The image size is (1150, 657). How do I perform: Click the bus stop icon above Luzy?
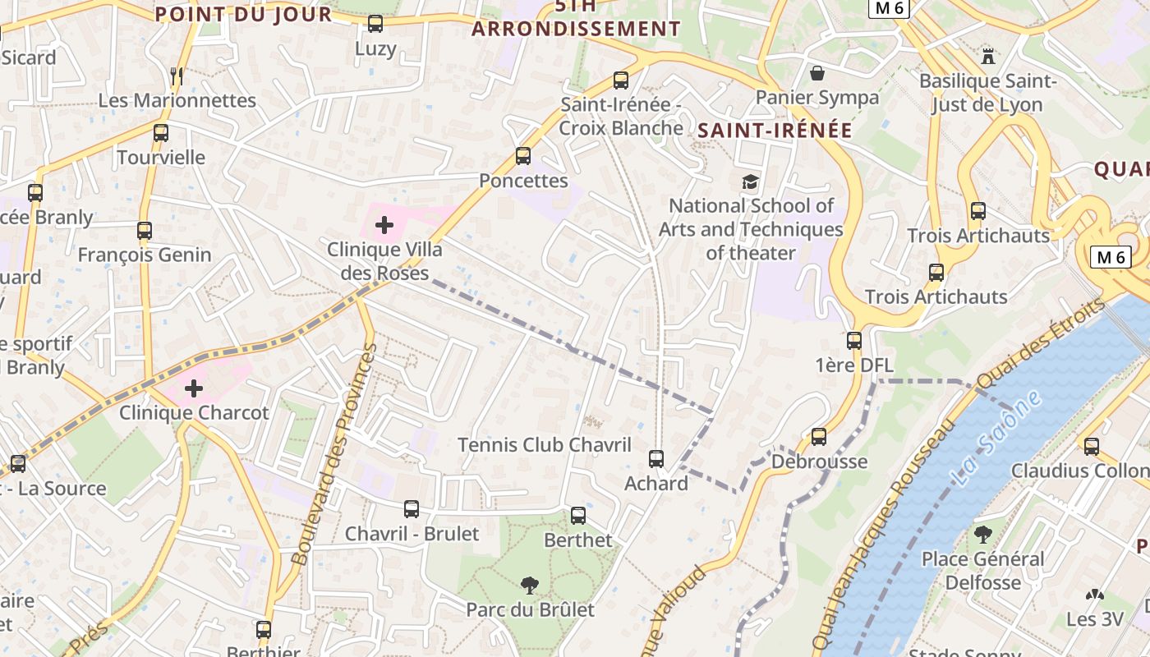click(375, 24)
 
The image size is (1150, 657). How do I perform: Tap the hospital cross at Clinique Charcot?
click(194, 388)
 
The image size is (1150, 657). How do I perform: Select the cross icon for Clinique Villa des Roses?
click(384, 224)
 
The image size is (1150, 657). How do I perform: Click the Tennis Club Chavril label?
click(544, 445)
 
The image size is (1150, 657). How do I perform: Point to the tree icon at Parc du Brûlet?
click(530, 586)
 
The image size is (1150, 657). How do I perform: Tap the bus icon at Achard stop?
click(655, 458)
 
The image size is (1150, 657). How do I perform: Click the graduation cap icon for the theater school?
click(750, 181)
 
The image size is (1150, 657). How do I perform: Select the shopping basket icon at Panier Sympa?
click(817, 73)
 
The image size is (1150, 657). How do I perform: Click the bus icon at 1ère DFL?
click(854, 340)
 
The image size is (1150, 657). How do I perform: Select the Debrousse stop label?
click(819, 462)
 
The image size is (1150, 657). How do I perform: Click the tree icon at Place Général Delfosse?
click(982, 535)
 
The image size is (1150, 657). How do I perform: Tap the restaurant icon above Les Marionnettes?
click(176, 76)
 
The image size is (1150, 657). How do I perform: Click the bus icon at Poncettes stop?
click(523, 155)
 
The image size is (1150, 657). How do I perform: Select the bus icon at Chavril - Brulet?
click(412, 509)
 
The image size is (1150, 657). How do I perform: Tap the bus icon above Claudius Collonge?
click(1091, 446)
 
